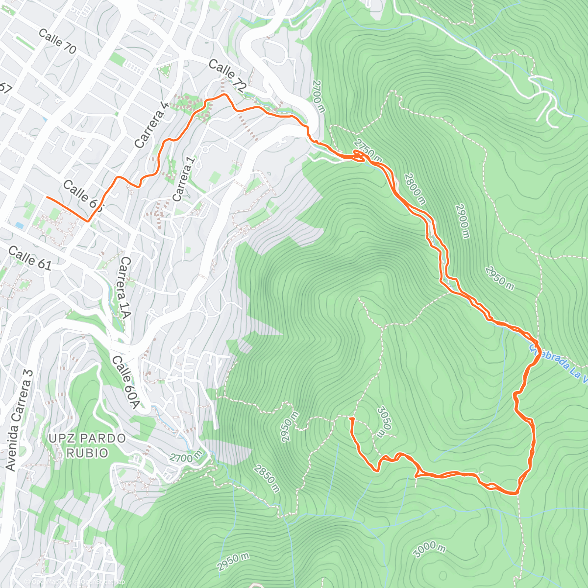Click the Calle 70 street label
(x=57, y=41)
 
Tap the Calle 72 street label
(x=226, y=75)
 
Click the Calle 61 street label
(x=30, y=258)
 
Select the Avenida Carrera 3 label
(x=20, y=420)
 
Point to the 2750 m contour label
(x=367, y=150)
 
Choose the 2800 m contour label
(x=415, y=188)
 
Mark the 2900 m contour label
(x=462, y=221)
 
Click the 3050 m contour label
(x=384, y=420)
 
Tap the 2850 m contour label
(x=267, y=478)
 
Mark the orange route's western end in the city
(x=47, y=197)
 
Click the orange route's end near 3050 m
(x=351, y=419)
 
